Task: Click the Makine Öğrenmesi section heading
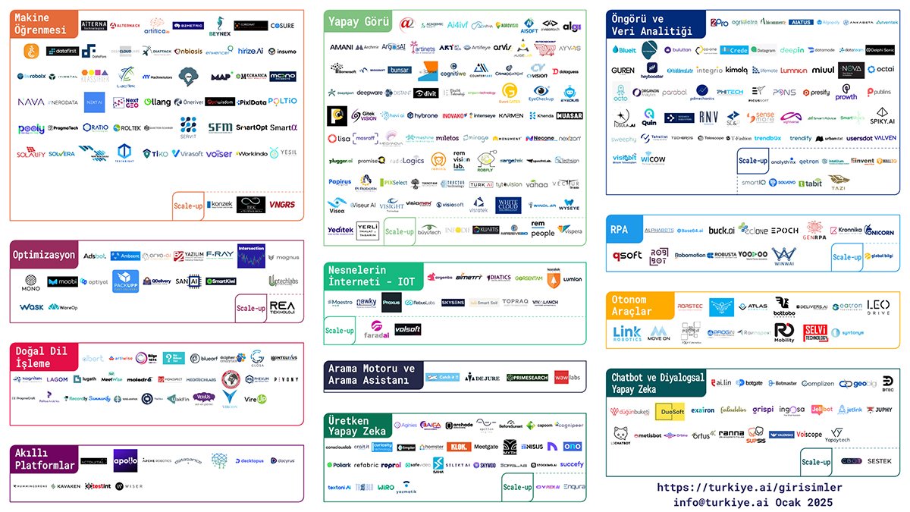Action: pyautogui.click(x=42, y=24)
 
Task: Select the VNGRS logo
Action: pyautogui.click(x=282, y=205)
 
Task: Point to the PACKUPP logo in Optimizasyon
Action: pyautogui.click(x=126, y=281)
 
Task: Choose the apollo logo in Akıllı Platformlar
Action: pyautogui.click(x=126, y=460)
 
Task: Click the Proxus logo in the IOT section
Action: pyautogui.click(x=391, y=302)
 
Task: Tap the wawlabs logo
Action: pyautogui.click(x=567, y=377)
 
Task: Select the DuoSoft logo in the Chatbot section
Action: pyautogui.click(x=670, y=410)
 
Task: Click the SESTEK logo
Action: pyautogui.click(x=880, y=460)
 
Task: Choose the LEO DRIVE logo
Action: pyautogui.click(x=878, y=306)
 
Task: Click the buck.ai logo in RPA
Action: pyautogui.click(x=721, y=230)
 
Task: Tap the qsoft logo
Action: pyautogui.click(x=626, y=256)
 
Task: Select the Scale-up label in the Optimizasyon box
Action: pyautogui.click(x=250, y=309)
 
